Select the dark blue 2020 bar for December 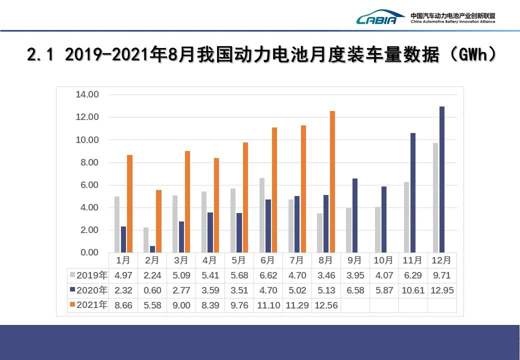[441, 179]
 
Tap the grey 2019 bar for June [262, 215]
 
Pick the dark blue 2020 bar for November [412, 193]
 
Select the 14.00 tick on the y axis [87, 94]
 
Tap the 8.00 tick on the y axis [87, 162]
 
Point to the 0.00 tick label [87, 252]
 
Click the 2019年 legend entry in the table [89, 275]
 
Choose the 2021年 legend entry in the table [89, 305]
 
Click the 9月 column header [354, 260]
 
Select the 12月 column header [442, 260]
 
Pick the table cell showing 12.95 [442, 290]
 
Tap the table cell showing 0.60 [152, 290]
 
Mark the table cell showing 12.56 [326, 305]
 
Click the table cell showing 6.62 [268, 275]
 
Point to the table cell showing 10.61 [413, 290]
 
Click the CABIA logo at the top [380, 18]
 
